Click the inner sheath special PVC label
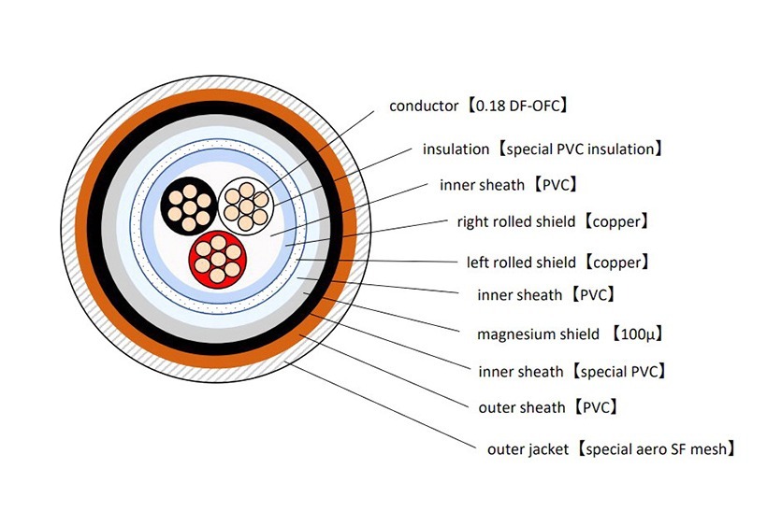coord(571,371)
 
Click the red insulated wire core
coord(218,259)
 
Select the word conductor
coord(423,106)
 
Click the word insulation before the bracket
coord(456,149)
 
